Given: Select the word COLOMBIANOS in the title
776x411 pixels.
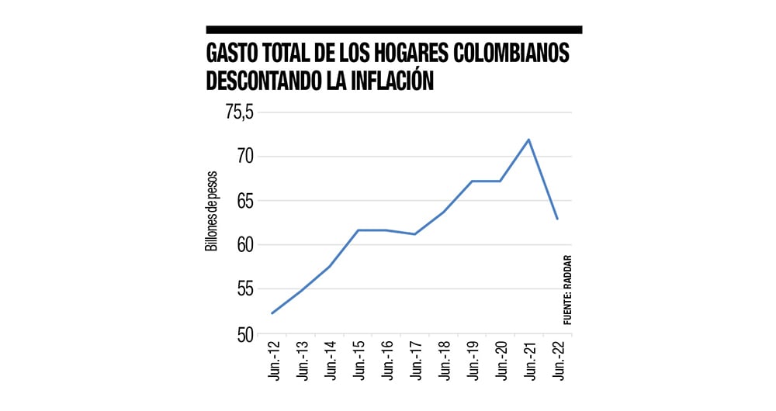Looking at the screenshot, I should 505,54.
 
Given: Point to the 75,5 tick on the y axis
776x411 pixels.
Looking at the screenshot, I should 240,112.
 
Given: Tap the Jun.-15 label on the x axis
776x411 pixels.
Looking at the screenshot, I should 358,361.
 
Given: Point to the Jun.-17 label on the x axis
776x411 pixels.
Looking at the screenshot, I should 415,361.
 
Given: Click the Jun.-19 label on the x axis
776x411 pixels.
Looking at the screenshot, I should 472,361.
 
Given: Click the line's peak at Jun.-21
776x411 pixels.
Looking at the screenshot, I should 528,140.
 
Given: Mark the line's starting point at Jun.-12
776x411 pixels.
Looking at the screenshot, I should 272,313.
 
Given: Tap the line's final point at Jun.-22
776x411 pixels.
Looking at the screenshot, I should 557,219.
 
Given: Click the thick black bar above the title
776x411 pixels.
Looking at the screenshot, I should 393,29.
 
